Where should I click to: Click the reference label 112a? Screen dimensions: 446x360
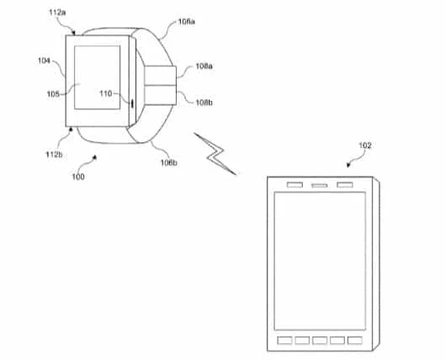(57, 13)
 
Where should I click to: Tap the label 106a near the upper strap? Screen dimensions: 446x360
(187, 22)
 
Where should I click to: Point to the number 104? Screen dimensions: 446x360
(44, 61)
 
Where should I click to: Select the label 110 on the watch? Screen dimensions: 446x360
(106, 93)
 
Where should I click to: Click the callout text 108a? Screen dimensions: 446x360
(204, 66)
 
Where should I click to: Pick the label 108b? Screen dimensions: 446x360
(204, 103)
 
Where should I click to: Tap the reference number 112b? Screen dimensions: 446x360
(54, 155)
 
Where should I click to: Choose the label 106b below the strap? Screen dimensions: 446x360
(169, 162)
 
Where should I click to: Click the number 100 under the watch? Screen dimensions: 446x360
(78, 177)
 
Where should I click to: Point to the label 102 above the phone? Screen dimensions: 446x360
(365, 146)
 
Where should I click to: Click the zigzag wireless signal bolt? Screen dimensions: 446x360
(215, 154)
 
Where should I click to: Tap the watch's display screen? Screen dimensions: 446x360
(98, 77)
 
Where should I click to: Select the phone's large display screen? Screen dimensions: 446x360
(320, 261)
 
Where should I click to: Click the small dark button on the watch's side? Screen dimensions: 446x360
(132, 103)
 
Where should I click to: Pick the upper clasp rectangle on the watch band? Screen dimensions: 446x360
(160, 76)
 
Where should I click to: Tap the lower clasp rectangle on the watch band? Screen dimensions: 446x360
(160, 95)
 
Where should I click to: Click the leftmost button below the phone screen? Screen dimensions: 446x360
(284, 341)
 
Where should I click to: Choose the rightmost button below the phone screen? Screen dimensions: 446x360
(355, 341)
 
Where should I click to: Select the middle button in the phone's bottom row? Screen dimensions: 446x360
(320, 341)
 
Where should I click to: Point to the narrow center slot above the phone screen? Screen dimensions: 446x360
(320, 186)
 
